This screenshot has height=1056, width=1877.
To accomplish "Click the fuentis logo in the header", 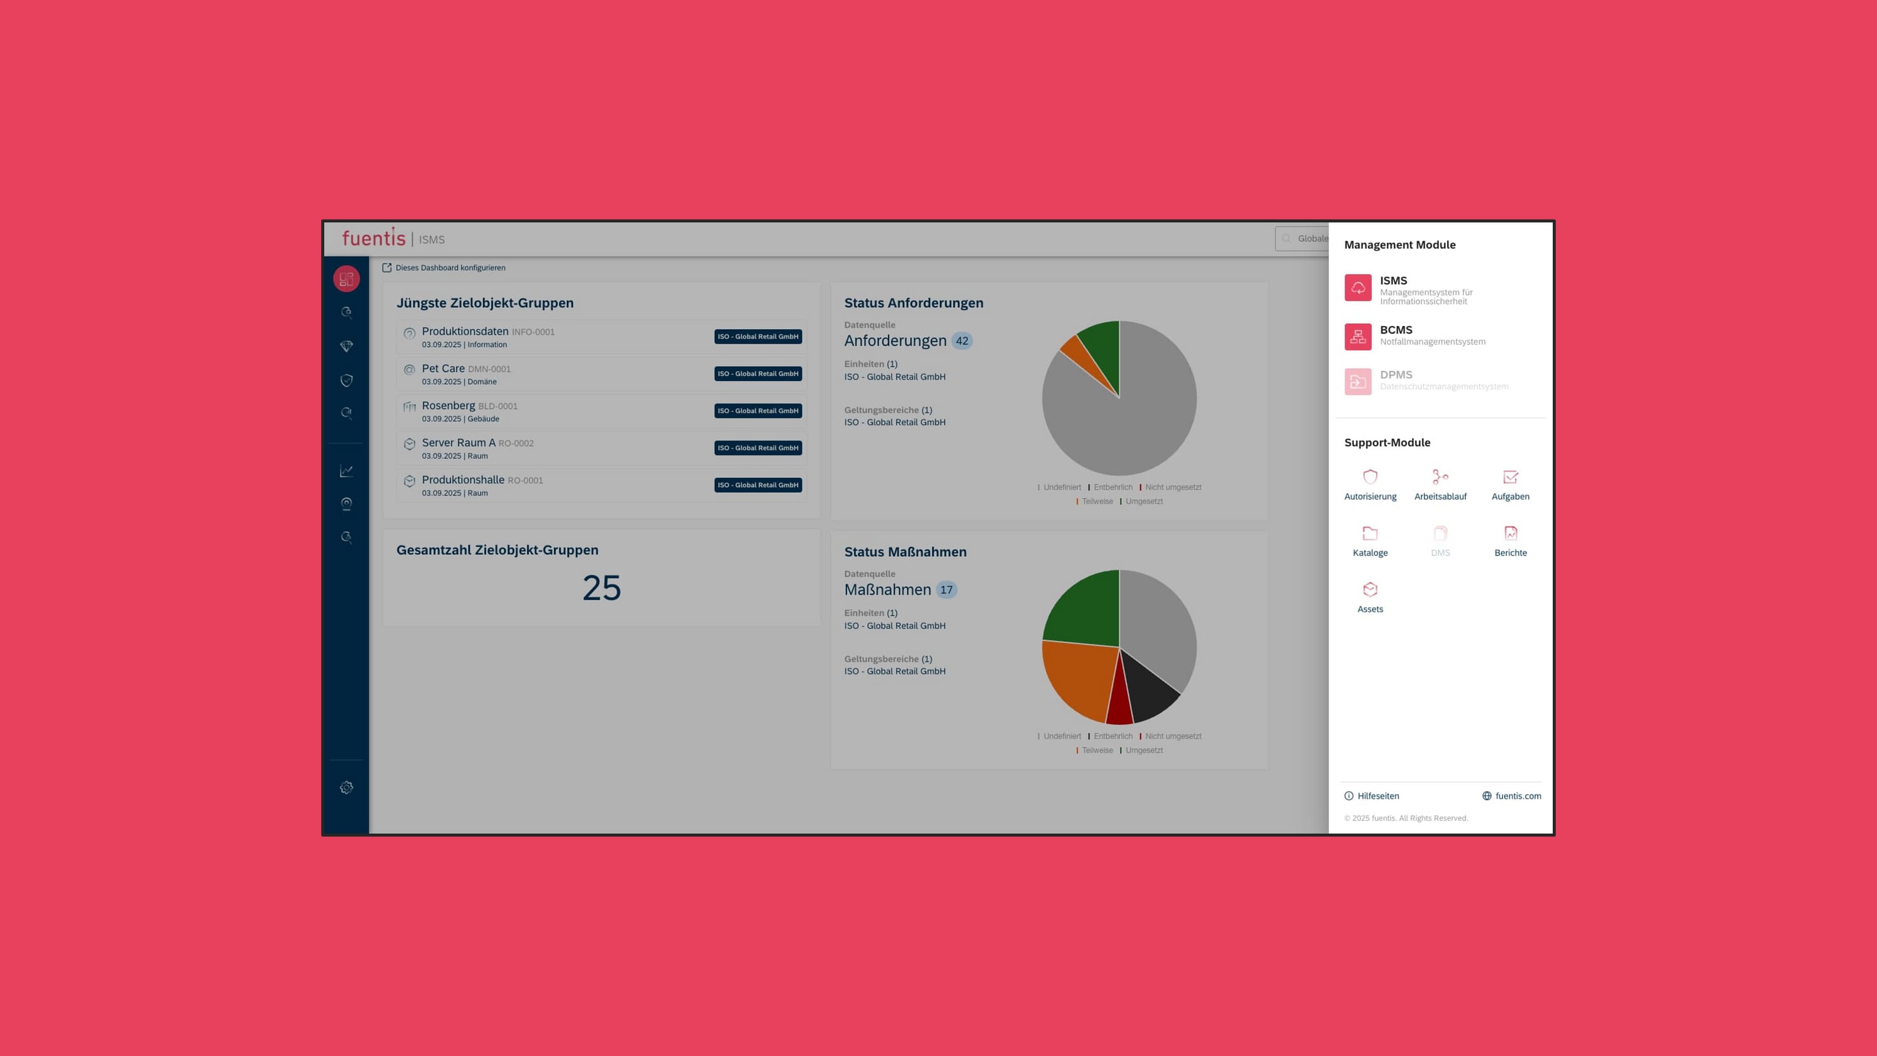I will [373, 238].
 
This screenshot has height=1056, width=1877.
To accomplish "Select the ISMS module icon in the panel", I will [1358, 288].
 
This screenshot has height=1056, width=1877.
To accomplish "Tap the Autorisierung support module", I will [1370, 485].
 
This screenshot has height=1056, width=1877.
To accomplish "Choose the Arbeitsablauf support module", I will [1440, 485].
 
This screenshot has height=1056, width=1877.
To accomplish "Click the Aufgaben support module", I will [1510, 485].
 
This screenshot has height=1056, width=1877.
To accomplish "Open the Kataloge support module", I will [1370, 541].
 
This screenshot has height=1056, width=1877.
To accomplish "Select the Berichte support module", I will [1510, 541].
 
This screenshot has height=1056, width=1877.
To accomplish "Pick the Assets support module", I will [1370, 597].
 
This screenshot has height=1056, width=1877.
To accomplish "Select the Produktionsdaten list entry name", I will [465, 332].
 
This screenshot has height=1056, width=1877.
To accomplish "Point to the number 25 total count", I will [601, 588].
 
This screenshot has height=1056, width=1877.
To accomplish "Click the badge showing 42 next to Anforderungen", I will [962, 340].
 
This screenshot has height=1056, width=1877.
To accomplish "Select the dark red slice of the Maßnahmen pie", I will [1119, 703].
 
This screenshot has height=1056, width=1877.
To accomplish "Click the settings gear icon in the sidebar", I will [346, 788].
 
